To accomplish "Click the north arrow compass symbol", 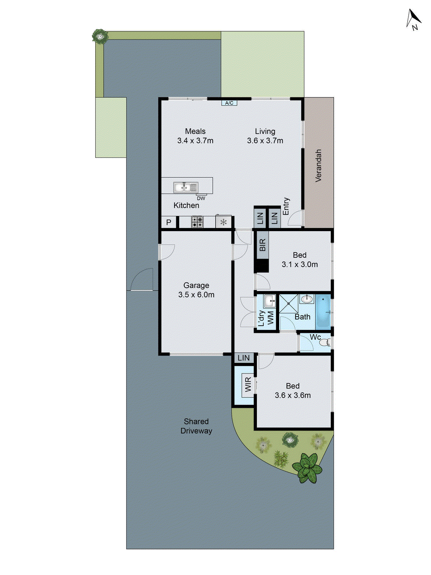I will pos(413,19).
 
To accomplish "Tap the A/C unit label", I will pos(229,103).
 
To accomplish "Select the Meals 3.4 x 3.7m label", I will pos(195,136).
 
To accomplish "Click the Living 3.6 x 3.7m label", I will pos(265,136).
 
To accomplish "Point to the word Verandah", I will pos(318,165).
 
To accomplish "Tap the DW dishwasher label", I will pos(201,198).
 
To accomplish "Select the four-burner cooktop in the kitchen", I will pos(197,222).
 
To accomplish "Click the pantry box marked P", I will pos(169,222).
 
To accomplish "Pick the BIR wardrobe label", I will pos(263,245).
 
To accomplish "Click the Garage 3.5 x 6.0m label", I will pos(196,290).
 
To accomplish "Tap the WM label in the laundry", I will pos(270,318).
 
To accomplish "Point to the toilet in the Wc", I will pos(325,342).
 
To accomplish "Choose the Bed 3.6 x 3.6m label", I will pos(293,391).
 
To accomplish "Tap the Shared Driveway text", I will pos(196,426).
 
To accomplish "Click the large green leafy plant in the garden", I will pos(307,467).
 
